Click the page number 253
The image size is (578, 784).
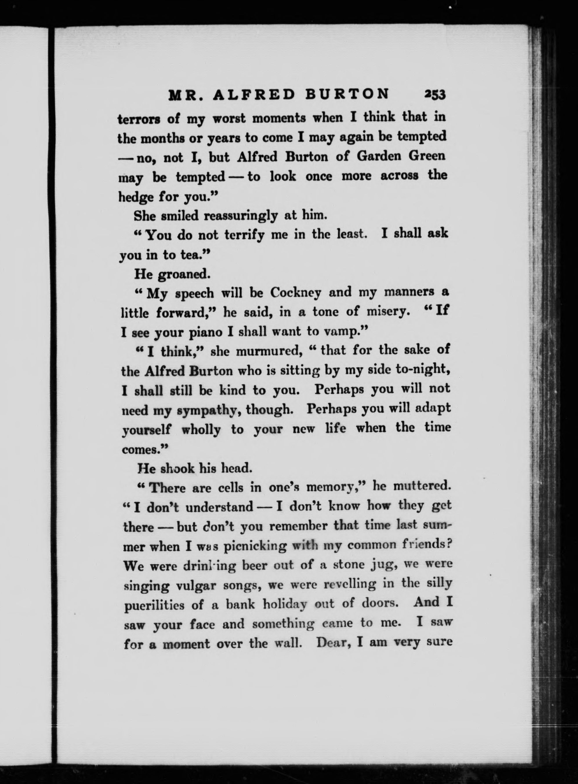click(x=434, y=95)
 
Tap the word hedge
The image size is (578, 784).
click(x=135, y=197)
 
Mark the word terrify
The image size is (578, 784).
click(x=241, y=234)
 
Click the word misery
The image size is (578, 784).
click(x=388, y=312)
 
